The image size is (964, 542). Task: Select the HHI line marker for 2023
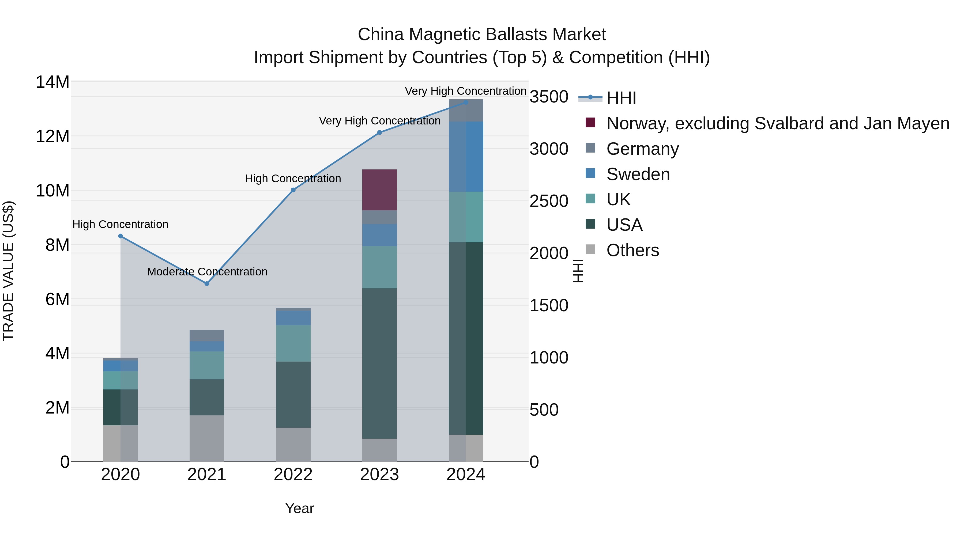pyautogui.click(x=379, y=132)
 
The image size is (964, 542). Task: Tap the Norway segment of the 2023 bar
pyautogui.click(x=379, y=190)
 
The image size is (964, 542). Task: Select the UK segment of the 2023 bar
pyautogui.click(x=379, y=267)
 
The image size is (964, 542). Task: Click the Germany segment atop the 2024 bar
pyautogui.click(x=466, y=111)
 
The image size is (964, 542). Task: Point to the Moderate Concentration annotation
pyautogui.click(x=207, y=272)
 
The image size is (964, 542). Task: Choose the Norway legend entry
pyautogui.click(x=778, y=123)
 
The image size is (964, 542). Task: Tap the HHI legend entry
pyautogui.click(x=621, y=98)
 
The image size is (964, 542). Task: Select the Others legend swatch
pyautogui.click(x=590, y=249)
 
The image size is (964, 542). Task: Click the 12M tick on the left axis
pyautogui.click(x=52, y=136)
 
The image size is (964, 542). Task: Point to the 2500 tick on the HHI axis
pyautogui.click(x=549, y=201)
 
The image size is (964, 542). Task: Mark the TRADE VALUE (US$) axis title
pyautogui.click(x=8, y=271)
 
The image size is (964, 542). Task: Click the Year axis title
pyautogui.click(x=299, y=508)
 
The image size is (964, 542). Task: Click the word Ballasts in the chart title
pyautogui.click(x=517, y=35)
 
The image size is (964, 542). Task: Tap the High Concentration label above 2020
pyautogui.click(x=120, y=225)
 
